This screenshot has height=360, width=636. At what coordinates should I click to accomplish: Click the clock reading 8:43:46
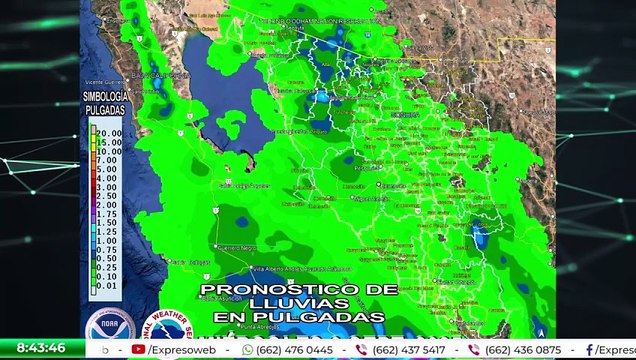[x=41, y=348]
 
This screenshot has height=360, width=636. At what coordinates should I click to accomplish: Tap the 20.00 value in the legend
[x=109, y=131]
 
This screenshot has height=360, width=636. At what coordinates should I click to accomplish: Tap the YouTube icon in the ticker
[x=139, y=350]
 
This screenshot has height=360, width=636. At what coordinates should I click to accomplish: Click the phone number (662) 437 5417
[x=409, y=350]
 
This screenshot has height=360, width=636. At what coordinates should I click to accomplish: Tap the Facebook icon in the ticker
[x=589, y=350]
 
